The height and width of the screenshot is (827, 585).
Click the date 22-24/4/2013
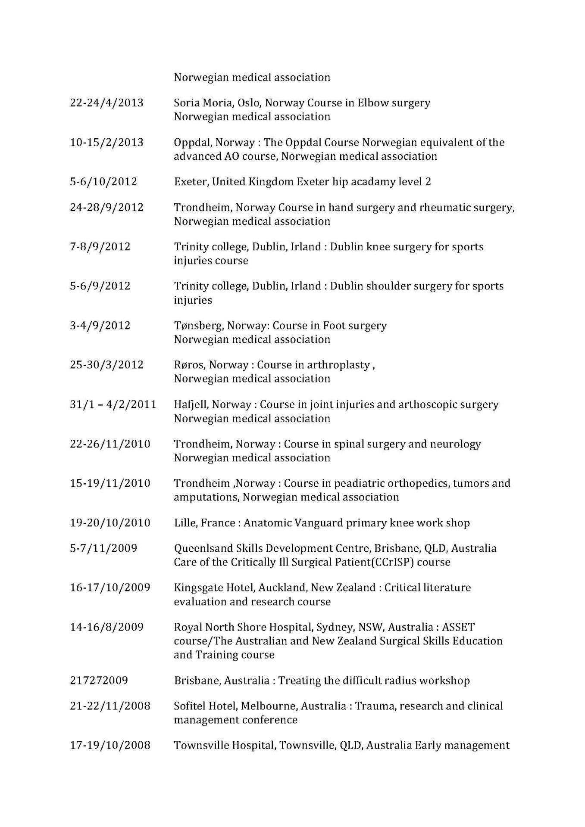tap(106, 103)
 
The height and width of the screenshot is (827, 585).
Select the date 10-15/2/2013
tap(106, 142)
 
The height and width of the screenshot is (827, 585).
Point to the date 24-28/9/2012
tap(106, 207)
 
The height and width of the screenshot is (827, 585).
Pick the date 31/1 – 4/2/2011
tap(113, 404)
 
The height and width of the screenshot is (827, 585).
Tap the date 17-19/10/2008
tap(110, 745)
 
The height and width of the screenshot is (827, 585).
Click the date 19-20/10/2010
tap(110, 523)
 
